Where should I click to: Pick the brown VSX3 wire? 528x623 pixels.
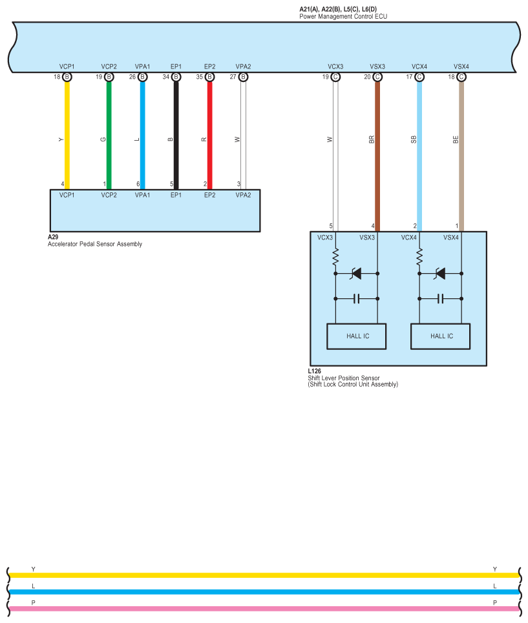(x=377, y=155)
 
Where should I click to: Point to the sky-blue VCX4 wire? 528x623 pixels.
(x=419, y=155)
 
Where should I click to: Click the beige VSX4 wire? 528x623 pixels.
(x=461, y=155)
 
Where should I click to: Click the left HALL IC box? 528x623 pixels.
(x=357, y=336)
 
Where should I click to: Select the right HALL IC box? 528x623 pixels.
(x=441, y=336)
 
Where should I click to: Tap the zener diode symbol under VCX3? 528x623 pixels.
(x=356, y=274)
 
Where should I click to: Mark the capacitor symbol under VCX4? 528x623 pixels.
(x=440, y=298)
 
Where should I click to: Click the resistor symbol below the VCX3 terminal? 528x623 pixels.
(x=335, y=258)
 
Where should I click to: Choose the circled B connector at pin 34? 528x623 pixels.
(x=176, y=77)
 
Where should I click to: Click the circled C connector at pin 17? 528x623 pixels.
(x=419, y=77)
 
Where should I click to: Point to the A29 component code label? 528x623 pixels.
(x=53, y=238)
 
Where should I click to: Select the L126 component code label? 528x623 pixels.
(x=315, y=371)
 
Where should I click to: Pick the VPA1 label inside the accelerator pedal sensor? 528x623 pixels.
(x=142, y=194)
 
